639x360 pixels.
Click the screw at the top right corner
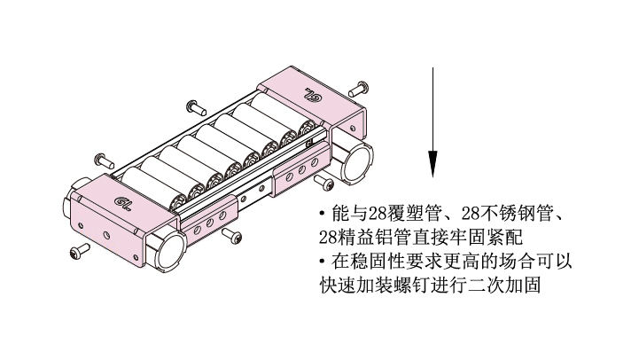360,89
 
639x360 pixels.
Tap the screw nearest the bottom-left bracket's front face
80,251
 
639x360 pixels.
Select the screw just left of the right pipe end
324,182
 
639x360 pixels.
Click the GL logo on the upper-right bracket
314,94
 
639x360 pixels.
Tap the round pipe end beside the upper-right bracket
358,163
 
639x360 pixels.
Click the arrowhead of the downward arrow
432,164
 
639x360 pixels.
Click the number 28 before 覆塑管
374,213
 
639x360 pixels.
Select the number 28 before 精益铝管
326,237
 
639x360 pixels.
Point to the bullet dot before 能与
323,213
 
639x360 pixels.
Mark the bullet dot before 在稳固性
323,261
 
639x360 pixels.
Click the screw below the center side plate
231,237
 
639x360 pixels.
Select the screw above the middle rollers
196,107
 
